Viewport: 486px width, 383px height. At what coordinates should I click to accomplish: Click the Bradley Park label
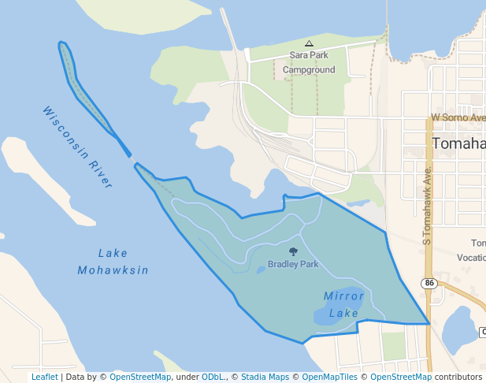tap(293, 264)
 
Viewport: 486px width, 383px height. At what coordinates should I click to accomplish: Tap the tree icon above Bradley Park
tap(294, 252)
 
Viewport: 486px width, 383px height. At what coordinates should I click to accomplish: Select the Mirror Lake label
tap(344, 304)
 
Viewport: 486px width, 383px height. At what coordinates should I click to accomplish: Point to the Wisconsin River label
tap(77, 147)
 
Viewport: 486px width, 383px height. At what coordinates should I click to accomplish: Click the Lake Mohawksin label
tap(113, 262)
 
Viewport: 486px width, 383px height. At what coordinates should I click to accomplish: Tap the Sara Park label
tap(309, 55)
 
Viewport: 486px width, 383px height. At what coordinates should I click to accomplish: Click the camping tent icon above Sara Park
tap(309, 43)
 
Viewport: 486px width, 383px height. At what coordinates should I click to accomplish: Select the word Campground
tap(309, 69)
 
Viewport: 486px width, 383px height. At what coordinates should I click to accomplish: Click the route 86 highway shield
tap(429, 283)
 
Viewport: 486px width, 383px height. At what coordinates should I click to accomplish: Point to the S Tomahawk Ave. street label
tap(428, 205)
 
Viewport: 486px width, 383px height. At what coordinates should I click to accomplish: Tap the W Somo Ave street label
tap(458, 117)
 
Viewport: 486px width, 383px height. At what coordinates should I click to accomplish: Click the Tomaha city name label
tap(458, 143)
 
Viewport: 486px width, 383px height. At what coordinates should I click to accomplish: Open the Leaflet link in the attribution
tap(45, 377)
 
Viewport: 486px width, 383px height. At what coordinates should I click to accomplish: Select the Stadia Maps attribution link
tap(265, 377)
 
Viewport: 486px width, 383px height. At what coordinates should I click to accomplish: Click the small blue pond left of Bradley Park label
tap(261, 270)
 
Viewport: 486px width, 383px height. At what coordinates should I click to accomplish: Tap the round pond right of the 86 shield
tap(459, 329)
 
